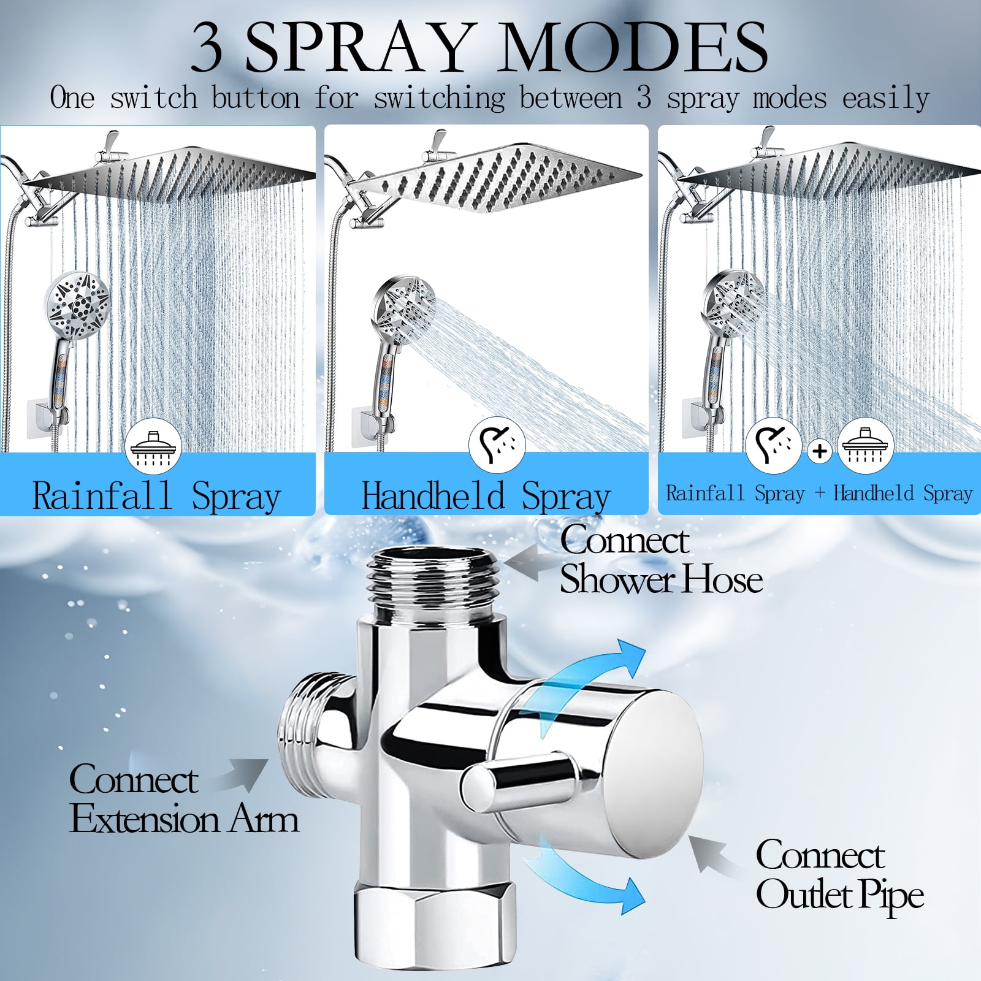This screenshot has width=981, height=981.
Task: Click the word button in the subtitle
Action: tap(256, 98)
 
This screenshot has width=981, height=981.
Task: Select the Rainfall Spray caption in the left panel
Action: tap(156, 495)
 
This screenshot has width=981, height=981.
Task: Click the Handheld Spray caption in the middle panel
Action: tap(486, 495)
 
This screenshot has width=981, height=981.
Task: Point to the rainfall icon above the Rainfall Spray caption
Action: tap(153, 446)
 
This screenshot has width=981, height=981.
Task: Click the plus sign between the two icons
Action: tap(820, 451)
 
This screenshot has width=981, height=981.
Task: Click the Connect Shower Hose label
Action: tap(661, 559)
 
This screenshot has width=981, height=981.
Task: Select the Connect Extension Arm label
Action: tap(184, 799)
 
